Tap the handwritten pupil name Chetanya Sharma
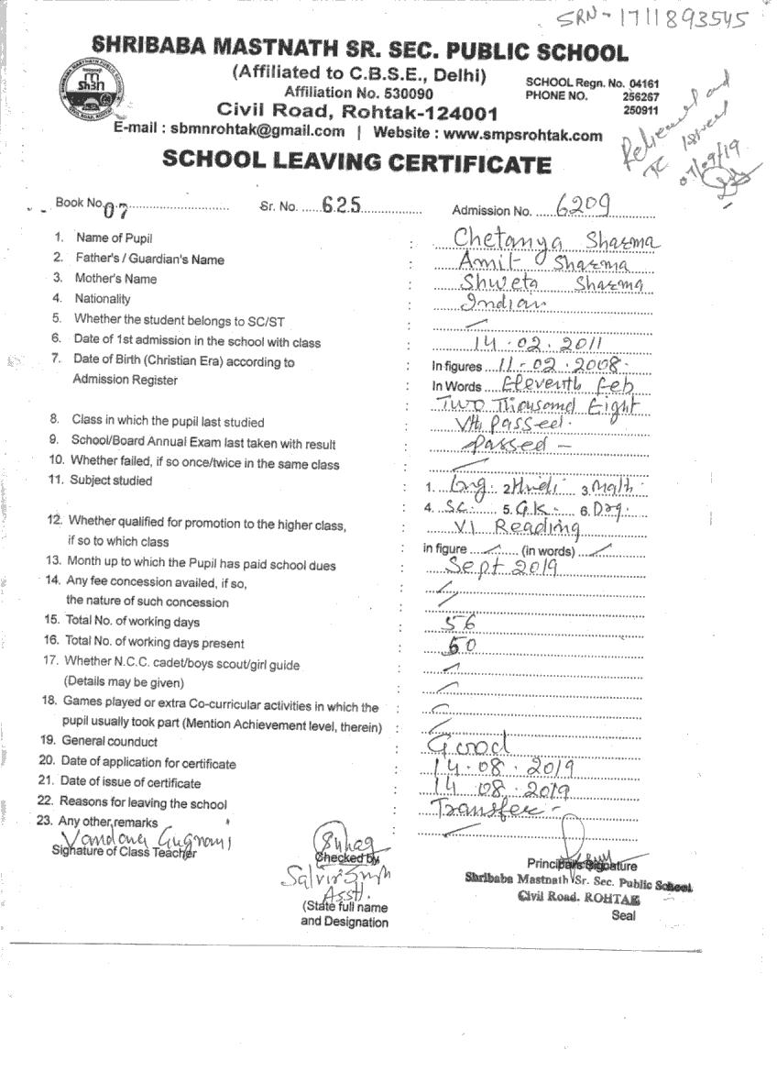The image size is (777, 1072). click(x=555, y=238)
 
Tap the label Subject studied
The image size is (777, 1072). click(x=112, y=481)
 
